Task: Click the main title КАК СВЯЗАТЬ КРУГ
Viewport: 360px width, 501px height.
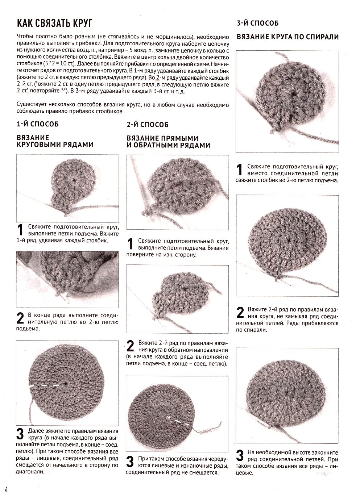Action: (x=55, y=23)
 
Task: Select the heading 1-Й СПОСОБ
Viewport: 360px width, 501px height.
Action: (x=38, y=124)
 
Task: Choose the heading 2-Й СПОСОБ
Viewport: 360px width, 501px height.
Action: (x=148, y=125)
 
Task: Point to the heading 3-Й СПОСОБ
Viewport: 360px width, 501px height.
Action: (x=258, y=23)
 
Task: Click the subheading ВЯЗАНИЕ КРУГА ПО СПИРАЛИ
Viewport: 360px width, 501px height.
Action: (x=288, y=37)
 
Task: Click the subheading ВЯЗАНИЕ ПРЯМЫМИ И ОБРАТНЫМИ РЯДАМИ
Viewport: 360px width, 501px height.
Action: (x=168, y=142)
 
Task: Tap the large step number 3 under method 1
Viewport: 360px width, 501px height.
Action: (x=20, y=434)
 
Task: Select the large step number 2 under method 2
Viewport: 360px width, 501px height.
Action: (x=130, y=346)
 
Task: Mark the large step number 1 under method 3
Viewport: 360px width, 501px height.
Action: (x=240, y=170)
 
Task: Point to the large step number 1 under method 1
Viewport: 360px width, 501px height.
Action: (x=20, y=230)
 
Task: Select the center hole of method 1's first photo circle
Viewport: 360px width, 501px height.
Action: (x=74, y=180)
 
